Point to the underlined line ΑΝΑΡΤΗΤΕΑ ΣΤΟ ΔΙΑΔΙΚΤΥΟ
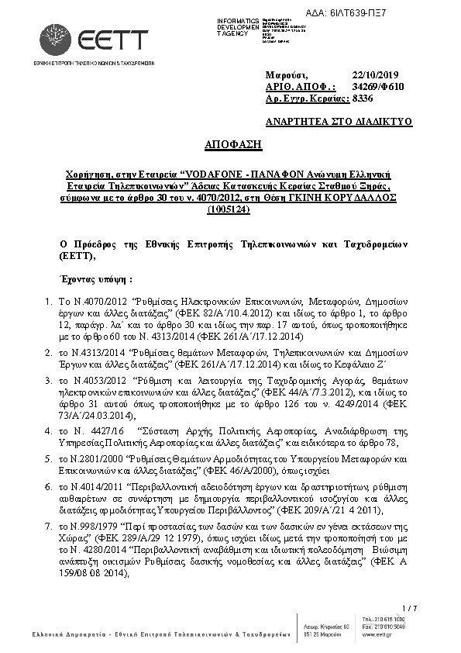tap(339, 122)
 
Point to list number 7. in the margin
tap(48, 526)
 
